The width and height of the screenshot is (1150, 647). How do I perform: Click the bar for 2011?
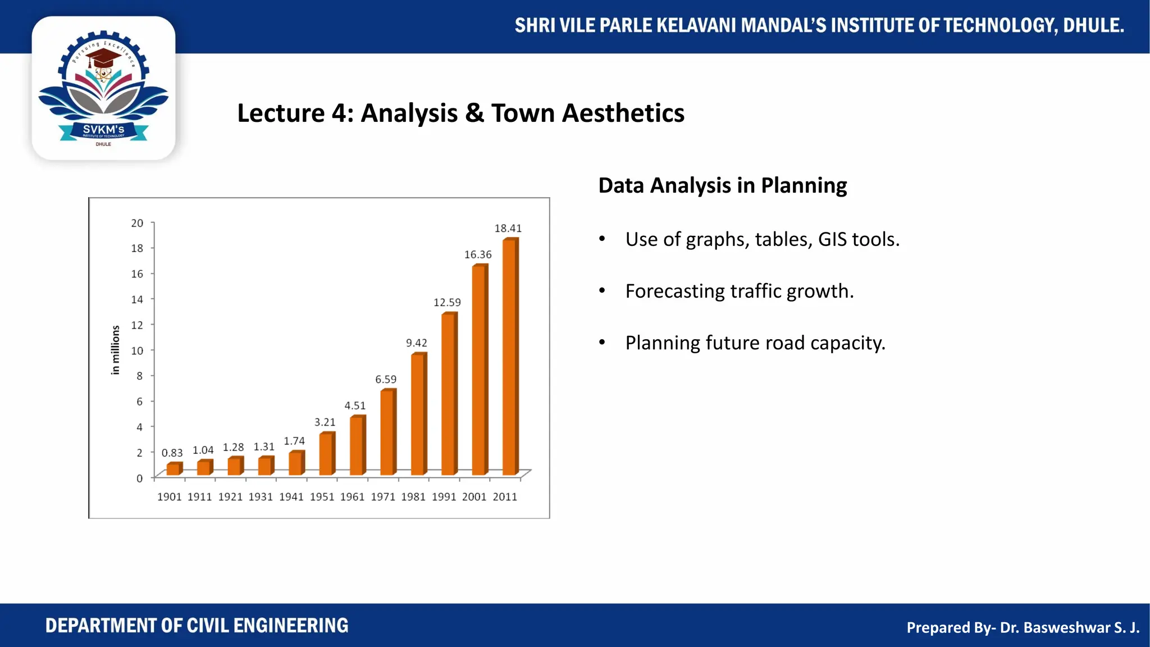point(510,357)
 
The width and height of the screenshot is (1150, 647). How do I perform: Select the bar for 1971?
point(387,432)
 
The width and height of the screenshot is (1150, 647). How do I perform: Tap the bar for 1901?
point(174,470)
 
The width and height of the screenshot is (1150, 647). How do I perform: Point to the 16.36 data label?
point(478,255)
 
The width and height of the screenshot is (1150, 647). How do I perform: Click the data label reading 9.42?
point(417,343)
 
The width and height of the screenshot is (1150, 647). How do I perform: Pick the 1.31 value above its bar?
point(264,447)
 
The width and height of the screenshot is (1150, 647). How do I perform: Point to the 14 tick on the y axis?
point(138,299)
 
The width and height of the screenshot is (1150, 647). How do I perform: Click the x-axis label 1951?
point(322,497)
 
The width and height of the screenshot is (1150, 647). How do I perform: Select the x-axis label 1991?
point(444,497)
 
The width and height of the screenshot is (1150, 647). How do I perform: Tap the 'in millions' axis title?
point(116,350)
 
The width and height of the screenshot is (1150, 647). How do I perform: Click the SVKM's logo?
point(103,89)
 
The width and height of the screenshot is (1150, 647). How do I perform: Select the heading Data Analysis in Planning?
point(722,185)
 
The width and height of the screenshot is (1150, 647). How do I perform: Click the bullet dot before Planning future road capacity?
point(602,343)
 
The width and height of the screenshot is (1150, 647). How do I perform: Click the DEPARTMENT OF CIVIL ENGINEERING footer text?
point(197,626)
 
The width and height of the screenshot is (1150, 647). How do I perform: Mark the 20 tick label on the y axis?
point(138,223)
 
